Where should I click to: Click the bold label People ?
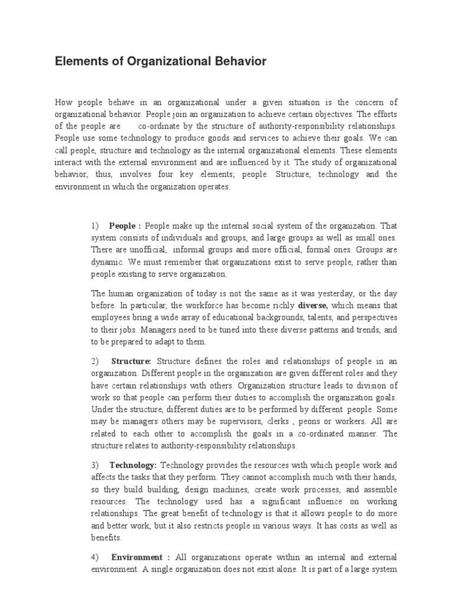tap(125, 225)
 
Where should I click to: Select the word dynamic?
tap(105, 262)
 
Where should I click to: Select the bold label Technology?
tap(133, 465)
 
